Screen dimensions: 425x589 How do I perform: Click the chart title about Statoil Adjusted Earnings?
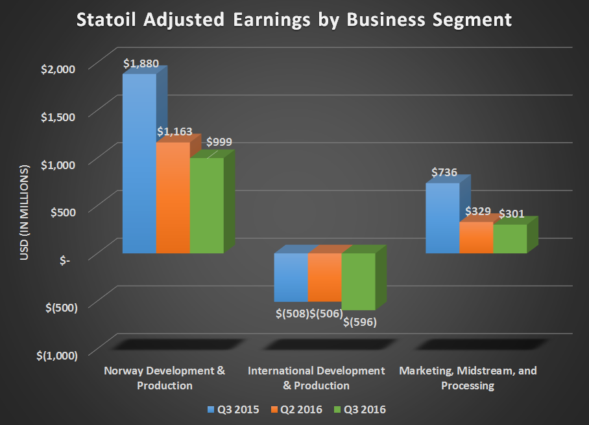coord(294,20)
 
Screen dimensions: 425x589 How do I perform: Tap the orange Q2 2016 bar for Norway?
coord(173,198)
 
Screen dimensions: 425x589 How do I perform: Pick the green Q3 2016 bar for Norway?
coord(206,205)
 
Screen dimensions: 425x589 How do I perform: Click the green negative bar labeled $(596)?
coord(358,281)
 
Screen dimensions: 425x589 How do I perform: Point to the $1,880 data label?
coord(140,63)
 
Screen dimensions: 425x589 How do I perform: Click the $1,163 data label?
coord(174,132)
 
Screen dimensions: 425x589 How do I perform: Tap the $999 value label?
coord(219,143)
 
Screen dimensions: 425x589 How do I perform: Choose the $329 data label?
coord(478,212)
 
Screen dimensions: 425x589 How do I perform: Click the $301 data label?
coord(511,213)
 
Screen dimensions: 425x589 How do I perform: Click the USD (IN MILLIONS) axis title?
coord(25,214)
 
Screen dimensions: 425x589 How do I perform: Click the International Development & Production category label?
coord(316,378)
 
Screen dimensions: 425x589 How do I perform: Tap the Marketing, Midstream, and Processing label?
coord(468,378)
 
